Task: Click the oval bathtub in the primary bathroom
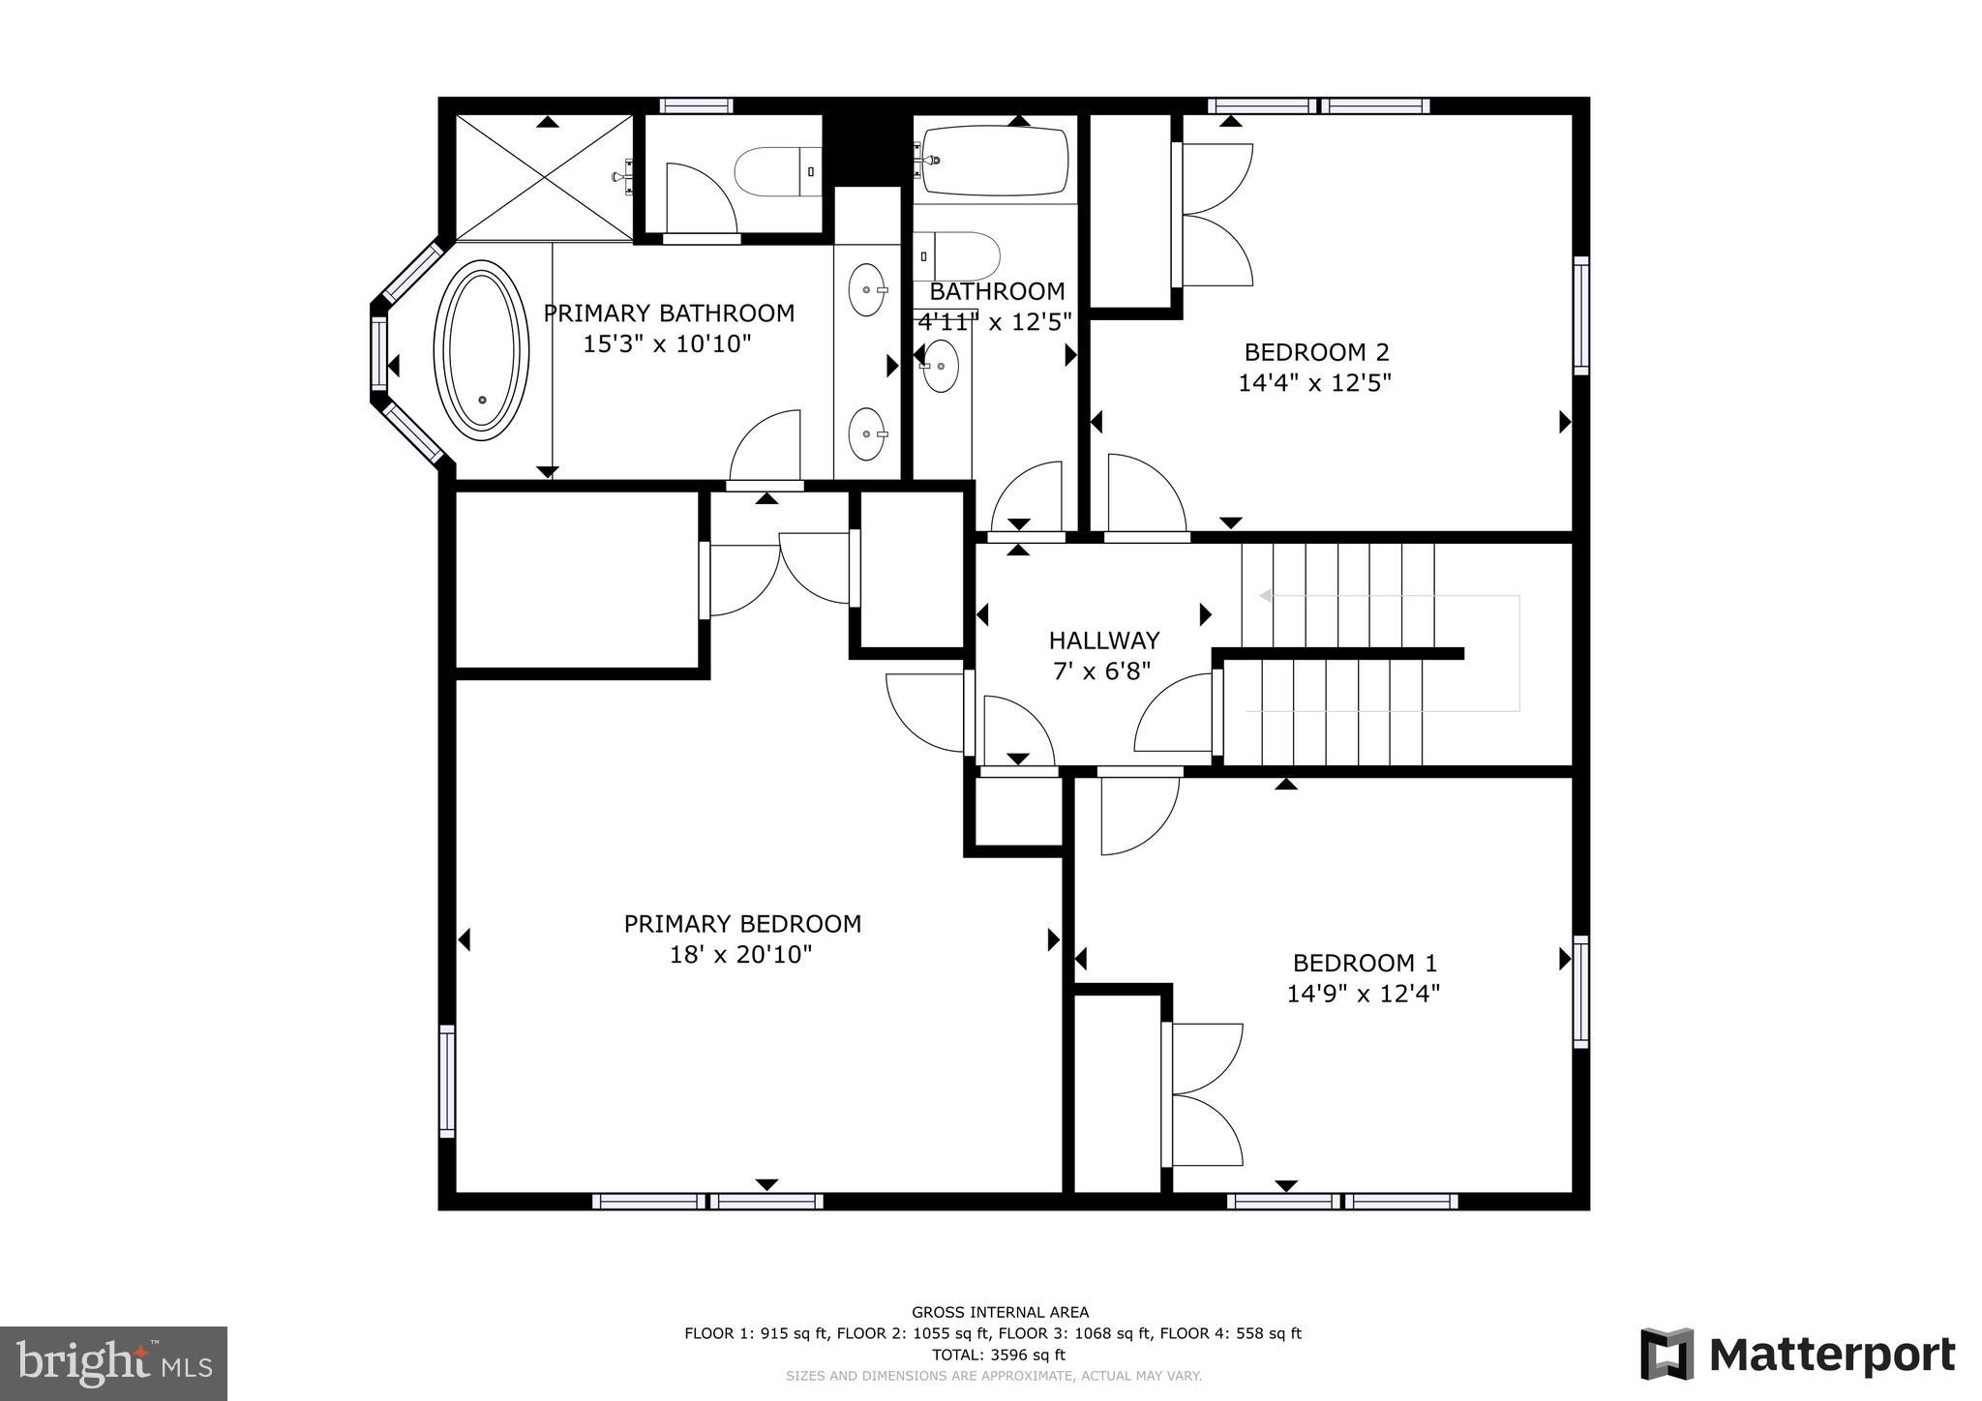click(x=481, y=351)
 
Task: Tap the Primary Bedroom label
click(x=742, y=924)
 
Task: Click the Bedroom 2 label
click(x=1315, y=352)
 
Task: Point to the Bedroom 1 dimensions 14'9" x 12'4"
click(x=1363, y=994)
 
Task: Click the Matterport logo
click(x=1798, y=1355)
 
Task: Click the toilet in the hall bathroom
click(x=958, y=255)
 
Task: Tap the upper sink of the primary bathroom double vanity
click(x=866, y=290)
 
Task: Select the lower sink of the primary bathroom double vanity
click(x=866, y=434)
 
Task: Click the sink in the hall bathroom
click(x=941, y=367)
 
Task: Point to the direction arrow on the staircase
click(x=1265, y=596)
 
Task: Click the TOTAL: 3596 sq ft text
click(x=1000, y=1355)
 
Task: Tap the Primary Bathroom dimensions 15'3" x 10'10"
click(x=667, y=343)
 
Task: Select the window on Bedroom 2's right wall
click(x=1580, y=315)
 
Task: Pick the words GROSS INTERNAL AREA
click(x=1000, y=1312)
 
